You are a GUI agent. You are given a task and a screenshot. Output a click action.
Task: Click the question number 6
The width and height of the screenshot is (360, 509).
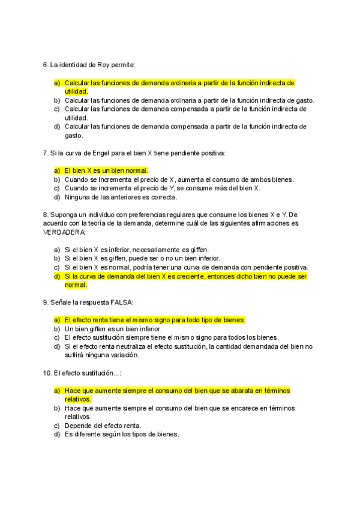click(46, 64)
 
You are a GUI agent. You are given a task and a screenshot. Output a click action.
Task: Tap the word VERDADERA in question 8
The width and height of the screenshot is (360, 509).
click(65, 232)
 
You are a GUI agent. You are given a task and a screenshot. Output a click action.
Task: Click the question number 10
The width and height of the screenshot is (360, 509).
click(47, 373)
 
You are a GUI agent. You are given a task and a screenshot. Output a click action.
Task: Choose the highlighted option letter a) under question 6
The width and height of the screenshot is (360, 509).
click(57, 83)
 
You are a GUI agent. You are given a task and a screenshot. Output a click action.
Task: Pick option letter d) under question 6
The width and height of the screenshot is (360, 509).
click(57, 127)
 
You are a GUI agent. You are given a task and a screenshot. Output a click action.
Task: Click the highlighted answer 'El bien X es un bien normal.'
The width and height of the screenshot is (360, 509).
click(106, 170)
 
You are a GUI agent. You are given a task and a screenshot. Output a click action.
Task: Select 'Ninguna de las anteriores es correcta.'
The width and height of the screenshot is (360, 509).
click(121, 197)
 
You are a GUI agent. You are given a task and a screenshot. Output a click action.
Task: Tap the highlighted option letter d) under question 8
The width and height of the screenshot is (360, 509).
click(57, 277)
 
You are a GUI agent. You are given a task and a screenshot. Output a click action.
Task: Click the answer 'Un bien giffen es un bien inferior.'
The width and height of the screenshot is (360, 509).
click(113, 329)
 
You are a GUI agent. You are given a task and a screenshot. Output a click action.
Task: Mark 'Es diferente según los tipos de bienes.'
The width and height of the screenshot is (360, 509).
click(122, 435)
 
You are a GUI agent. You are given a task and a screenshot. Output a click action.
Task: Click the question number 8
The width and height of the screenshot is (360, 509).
click(46, 214)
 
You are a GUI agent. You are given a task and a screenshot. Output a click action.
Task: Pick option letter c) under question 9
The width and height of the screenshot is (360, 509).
click(57, 337)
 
